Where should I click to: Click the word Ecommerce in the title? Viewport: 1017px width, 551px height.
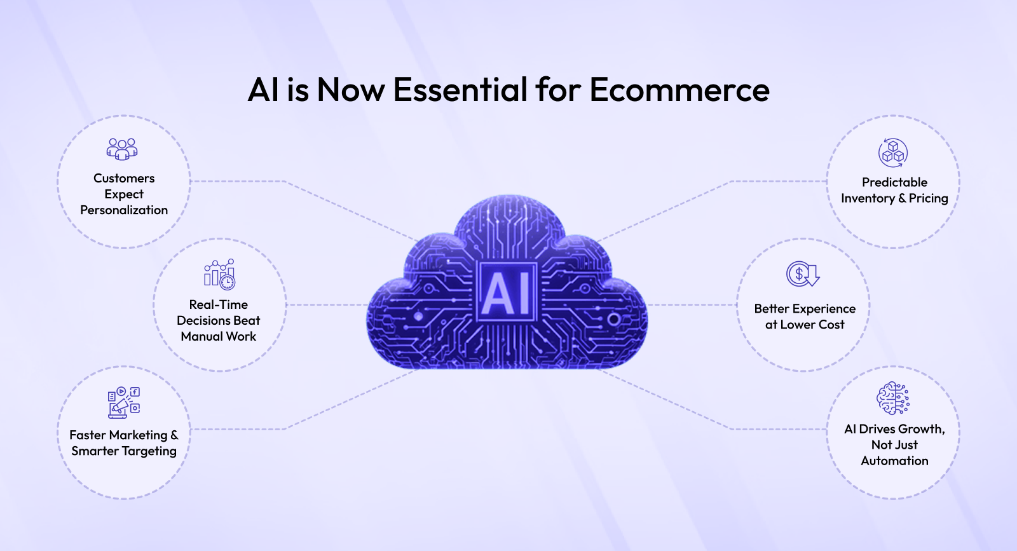coord(679,90)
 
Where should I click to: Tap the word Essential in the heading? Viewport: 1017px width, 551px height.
coord(460,90)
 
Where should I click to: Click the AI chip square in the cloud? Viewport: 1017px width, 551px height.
coord(507,292)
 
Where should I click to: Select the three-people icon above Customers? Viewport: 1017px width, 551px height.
coord(122,149)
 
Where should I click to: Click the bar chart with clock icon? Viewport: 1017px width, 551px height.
coord(219,275)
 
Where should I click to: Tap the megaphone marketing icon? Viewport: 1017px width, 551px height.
coord(123,402)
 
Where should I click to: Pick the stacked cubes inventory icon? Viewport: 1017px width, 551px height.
coord(892,153)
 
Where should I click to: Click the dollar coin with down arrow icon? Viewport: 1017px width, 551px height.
coord(803,274)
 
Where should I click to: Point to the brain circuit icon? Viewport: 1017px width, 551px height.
coord(892,398)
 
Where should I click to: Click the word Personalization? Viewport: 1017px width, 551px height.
coord(124,210)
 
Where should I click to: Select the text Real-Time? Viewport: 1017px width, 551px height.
coord(219,304)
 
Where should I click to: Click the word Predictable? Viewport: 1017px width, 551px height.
coord(894,182)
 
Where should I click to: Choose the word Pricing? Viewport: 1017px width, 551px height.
coord(928,198)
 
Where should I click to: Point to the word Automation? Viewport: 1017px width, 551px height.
coord(894,461)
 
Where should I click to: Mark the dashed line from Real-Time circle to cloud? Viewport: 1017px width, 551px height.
coord(327,305)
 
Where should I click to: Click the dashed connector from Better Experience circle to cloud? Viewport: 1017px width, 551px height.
coord(692,305)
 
